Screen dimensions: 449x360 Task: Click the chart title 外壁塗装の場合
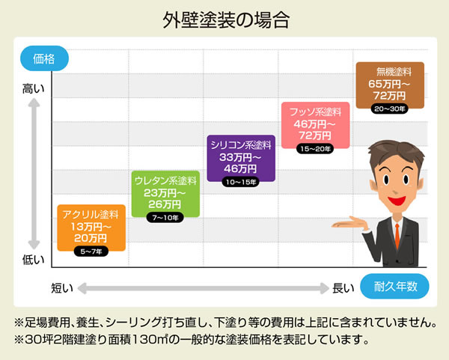click(x=226, y=20)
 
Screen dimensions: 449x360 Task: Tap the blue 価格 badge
click(x=44, y=58)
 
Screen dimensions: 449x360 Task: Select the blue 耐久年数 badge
click(x=394, y=287)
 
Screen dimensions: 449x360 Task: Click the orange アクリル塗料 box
click(x=91, y=228)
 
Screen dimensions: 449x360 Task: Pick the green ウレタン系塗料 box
click(x=165, y=194)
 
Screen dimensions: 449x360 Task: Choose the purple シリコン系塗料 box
click(x=241, y=159)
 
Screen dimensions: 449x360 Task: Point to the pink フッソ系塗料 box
click(x=315, y=125)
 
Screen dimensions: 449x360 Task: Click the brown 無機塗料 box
click(x=390, y=85)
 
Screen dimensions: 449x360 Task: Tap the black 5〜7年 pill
click(x=91, y=251)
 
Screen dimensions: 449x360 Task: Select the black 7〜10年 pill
click(x=165, y=218)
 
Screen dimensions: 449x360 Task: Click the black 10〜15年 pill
click(x=240, y=182)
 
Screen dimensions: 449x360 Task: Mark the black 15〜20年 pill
click(x=315, y=149)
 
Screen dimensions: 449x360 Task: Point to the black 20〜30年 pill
click(x=389, y=109)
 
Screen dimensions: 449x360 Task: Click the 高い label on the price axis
click(x=34, y=89)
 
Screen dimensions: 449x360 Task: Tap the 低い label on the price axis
click(x=34, y=260)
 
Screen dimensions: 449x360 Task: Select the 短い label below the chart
click(x=62, y=288)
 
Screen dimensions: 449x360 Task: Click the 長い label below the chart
click(x=343, y=288)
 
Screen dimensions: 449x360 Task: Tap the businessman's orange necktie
click(x=397, y=236)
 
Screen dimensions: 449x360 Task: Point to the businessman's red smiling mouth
click(x=397, y=200)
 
